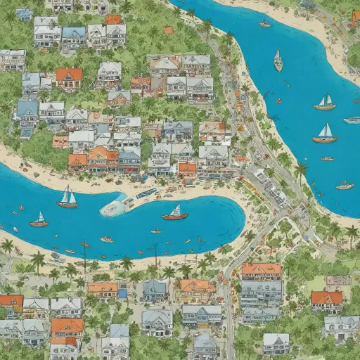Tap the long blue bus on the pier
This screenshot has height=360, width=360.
point(146,193)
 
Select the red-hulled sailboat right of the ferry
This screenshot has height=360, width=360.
point(174,213)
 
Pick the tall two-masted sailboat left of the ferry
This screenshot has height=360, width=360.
point(67,199)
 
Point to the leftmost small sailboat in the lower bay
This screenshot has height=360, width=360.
point(39,221)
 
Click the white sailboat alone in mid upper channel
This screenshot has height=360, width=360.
point(278,62)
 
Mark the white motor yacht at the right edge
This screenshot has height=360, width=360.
point(352,120)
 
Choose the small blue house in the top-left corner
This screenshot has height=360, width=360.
point(24,14)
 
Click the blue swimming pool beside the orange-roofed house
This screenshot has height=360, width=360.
point(122,290)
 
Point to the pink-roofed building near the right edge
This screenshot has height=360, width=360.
point(338,281)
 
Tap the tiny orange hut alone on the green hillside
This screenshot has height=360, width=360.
point(168,30)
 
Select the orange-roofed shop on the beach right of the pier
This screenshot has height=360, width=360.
point(187,169)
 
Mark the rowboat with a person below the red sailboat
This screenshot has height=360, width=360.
point(155,231)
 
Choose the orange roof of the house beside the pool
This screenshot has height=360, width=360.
point(103,288)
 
